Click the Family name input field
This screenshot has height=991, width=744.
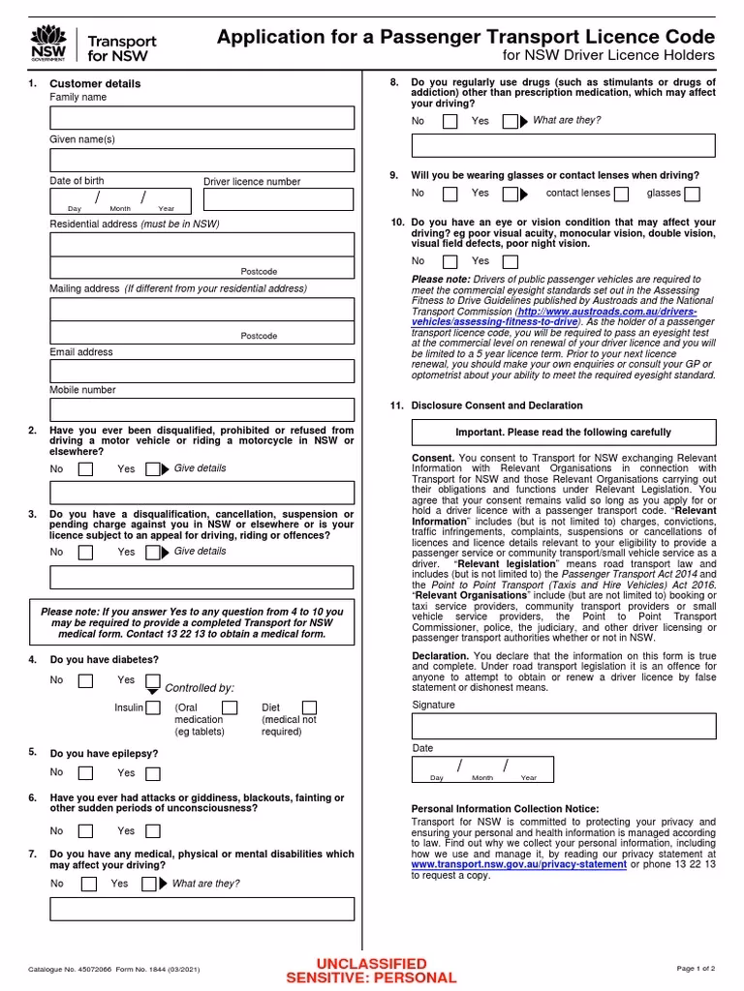201,118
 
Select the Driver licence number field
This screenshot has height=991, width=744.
278,200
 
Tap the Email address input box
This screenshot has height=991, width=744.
201,371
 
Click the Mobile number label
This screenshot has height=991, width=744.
82,390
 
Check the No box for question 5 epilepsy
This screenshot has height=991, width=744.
85,773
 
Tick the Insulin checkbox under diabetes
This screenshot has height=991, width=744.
153,708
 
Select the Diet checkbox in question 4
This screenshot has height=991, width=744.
309,708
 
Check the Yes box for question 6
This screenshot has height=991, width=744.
152,831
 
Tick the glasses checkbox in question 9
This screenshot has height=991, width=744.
692,194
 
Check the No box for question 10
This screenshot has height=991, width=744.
450,262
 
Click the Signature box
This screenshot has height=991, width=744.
564,726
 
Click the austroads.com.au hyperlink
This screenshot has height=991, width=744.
621,313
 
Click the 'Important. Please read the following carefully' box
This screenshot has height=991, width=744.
564,433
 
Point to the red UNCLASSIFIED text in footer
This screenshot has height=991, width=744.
371,964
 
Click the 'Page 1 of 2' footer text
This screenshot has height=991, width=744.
695,968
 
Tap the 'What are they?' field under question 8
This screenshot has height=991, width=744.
564,145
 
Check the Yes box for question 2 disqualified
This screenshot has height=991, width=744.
152,469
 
